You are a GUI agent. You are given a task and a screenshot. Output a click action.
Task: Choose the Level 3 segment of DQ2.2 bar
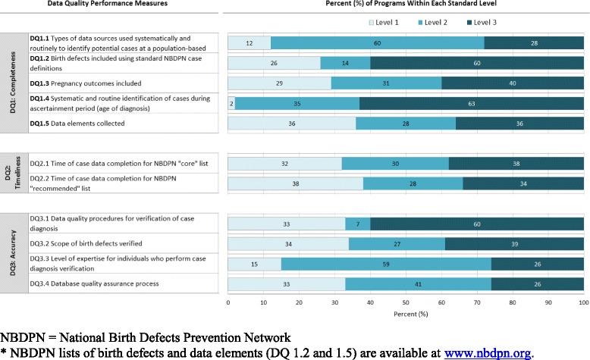[x=523, y=183]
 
